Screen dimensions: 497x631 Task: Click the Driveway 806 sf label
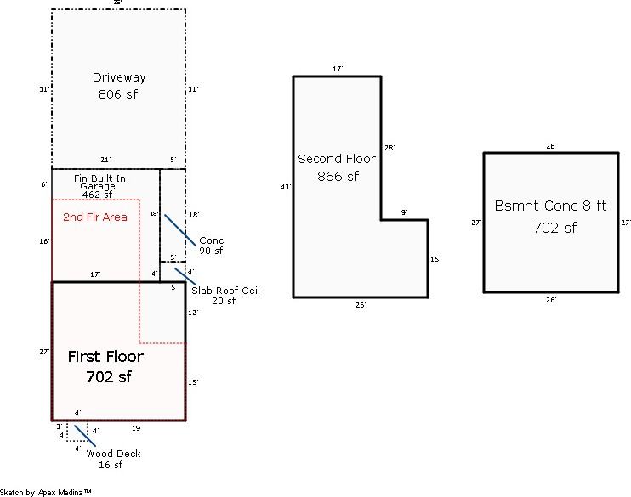(x=118, y=86)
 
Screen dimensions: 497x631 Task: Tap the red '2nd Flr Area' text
(x=95, y=217)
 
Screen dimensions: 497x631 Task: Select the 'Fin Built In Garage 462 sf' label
(x=99, y=186)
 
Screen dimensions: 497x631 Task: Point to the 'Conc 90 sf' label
(x=211, y=246)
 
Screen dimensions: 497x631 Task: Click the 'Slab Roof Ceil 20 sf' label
(x=225, y=295)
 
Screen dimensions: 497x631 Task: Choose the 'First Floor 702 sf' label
(x=105, y=366)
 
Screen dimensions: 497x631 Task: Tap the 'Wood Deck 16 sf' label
(x=113, y=459)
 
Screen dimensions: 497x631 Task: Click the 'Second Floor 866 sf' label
(x=337, y=167)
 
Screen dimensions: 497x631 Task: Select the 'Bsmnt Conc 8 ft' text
(x=550, y=206)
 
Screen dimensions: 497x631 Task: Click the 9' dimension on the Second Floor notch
(x=404, y=212)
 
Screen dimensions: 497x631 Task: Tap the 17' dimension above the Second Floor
(x=337, y=69)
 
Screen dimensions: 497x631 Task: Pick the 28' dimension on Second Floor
(x=389, y=148)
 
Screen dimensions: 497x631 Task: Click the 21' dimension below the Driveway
(x=105, y=160)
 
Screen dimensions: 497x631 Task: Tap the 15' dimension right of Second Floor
(x=435, y=259)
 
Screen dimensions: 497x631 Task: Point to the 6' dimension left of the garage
(x=43, y=184)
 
